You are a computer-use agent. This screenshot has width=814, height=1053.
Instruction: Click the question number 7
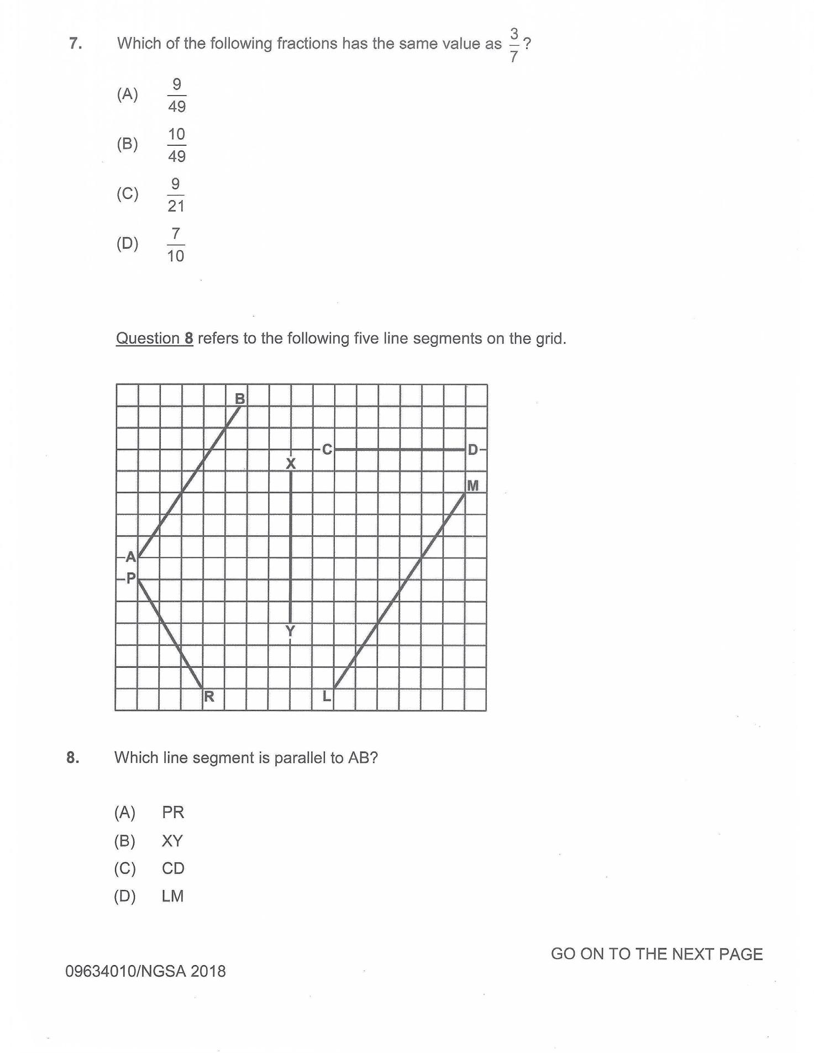click(76, 43)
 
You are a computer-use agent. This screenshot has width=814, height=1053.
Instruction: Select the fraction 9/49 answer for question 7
click(176, 95)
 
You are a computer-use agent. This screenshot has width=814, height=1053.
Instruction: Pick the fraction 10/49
click(176, 145)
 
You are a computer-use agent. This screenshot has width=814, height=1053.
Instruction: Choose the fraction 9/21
click(176, 194)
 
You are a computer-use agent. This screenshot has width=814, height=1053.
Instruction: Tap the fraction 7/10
click(176, 244)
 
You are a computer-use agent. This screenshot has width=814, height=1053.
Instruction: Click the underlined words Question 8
click(154, 338)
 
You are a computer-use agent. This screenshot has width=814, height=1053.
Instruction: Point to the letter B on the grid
click(240, 398)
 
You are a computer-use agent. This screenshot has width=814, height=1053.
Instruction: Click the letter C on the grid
click(327, 450)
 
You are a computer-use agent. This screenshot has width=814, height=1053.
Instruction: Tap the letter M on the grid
click(472, 486)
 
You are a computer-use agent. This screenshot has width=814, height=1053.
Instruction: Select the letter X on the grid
click(291, 464)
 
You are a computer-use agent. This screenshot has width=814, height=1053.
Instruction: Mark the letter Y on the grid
click(290, 631)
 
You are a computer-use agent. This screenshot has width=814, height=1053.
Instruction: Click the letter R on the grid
click(209, 696)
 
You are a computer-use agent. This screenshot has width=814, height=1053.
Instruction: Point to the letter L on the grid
click(327, 696)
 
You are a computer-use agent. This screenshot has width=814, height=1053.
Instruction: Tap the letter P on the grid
click(131, 578)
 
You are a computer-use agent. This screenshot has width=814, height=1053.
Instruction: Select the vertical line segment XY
click(291, 547)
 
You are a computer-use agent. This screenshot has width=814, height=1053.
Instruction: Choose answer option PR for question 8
click(172, 812)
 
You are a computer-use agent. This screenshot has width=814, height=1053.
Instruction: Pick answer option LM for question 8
click(172, 896)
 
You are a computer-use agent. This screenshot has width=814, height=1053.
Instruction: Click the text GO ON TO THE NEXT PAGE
click(657, 954)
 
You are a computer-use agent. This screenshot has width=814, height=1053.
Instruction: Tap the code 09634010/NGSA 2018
click(145, 971)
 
